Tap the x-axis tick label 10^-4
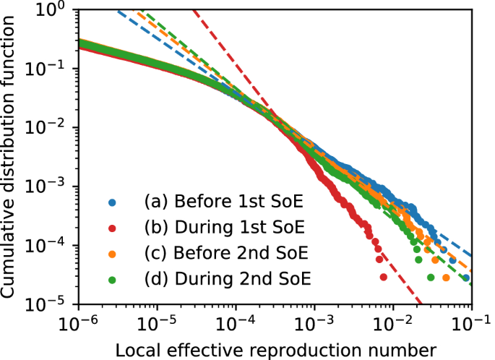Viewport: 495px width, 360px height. tap(234, 320)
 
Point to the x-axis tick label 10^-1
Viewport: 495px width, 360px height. tap(470, 320)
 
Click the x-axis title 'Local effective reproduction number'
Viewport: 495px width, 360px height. tap(275, 348)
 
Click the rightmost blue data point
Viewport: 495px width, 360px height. tap(466, 278)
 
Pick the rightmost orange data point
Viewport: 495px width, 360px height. tap(447, 278)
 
